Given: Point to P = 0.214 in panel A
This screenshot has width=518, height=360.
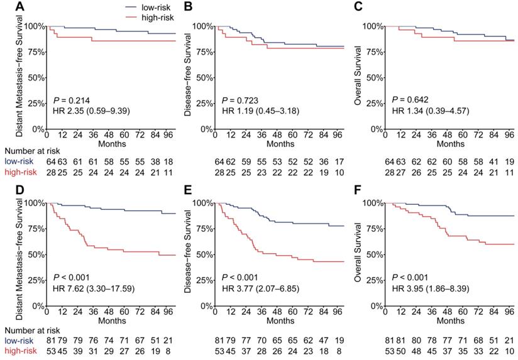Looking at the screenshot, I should tap(72, 100).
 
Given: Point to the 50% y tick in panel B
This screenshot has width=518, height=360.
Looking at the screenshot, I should tap(204, 78).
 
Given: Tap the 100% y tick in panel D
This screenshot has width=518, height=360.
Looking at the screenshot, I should tap(34, 203).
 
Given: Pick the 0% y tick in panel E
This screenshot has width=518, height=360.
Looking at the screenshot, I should tap(206, 306).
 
